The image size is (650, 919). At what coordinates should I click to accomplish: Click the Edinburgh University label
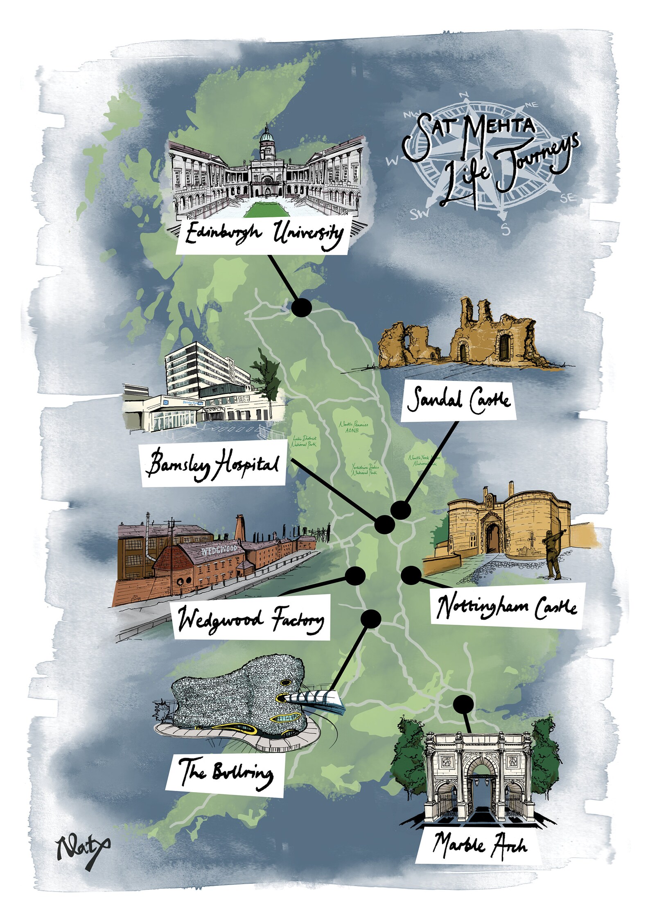(x=262, y=235)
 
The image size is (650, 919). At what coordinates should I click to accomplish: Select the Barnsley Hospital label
(x=213, y=465)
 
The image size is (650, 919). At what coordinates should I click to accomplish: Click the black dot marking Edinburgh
(x=302, y=307)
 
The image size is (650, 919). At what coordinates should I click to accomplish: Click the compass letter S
(x=506, y=231)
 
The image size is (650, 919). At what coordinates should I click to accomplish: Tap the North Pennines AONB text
(x=353, y=427)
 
